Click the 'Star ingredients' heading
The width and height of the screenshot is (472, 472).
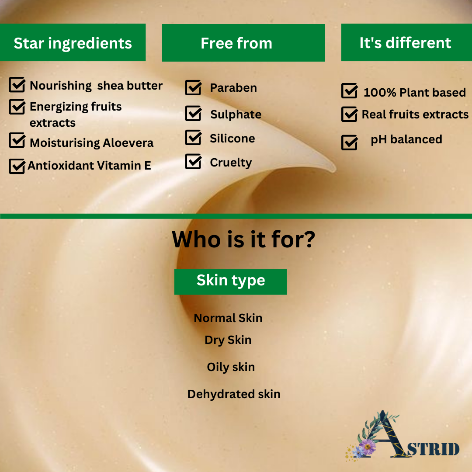tap(73, 43)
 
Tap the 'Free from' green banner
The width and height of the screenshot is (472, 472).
tap(243, 43)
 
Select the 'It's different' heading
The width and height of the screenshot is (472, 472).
tap(405, 43)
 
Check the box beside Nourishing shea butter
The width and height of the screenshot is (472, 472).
tap(17, 85)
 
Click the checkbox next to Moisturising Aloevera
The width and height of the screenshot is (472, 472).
tap(17, 140)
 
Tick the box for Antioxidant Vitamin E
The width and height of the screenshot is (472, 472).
tap(17, 166)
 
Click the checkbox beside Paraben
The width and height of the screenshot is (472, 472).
tap(194, 87)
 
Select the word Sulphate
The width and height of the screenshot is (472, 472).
tap(236, 115)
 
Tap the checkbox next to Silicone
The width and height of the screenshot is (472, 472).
tap(194, 138)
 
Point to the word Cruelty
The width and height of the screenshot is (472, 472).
tap(231, 163)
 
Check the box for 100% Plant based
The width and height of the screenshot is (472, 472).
tap(350, 90)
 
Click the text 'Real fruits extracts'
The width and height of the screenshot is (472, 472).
tap(415, 115)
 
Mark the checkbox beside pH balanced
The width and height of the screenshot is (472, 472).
tap(350, 142)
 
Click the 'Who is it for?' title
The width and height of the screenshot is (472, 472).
tap(243, 239)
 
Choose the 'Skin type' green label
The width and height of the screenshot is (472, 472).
tap(231, 282)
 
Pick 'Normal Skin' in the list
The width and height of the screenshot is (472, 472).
tap(228, 318)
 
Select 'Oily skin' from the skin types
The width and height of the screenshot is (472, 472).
tap(231, 367)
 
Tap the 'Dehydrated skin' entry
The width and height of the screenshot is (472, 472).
tap(234, 394)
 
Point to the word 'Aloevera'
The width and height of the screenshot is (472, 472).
tap(128, 142)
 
